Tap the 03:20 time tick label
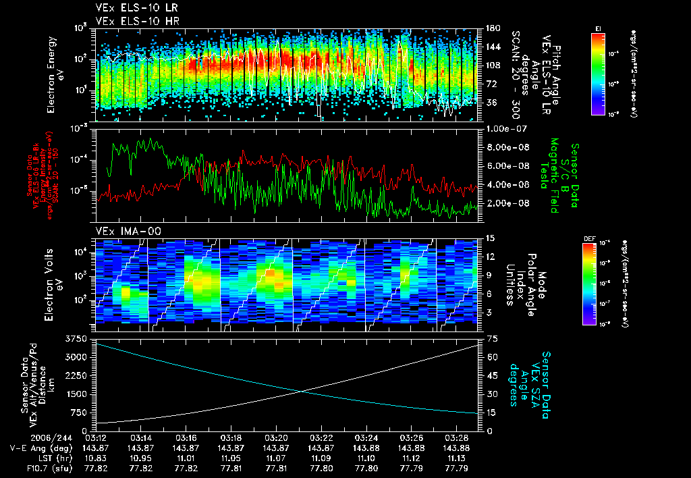click(x=276, y=437)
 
